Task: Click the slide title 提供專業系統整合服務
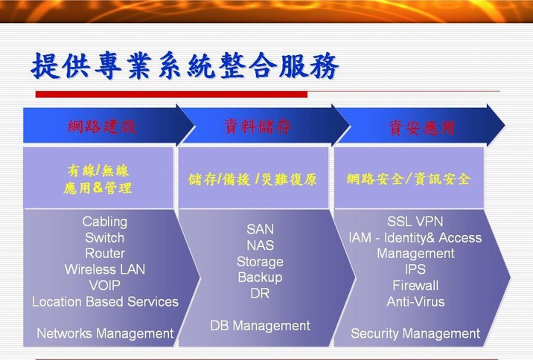click(185, 65)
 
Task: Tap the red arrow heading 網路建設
click(102, 126)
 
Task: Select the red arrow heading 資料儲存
click(258, 126)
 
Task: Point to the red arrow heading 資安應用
click(422, 128)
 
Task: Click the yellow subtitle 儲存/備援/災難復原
click(252, 179)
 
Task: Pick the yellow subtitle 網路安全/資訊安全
click(409, 179)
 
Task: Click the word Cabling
click(105, 222)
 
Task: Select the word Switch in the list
click(105, 238)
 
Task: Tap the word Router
click(105, 254)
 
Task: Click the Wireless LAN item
click(105, 269)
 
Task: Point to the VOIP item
click(105, 286)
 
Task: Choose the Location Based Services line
click(105, 301)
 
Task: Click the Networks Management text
click(105, 333)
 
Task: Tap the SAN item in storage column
click(260, 229)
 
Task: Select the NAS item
click(260, 245)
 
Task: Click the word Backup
click(260, 277)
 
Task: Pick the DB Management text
click(260, 326)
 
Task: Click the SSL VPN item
click(415, 222)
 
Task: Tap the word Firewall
click(415, 286)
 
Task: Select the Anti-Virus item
click(415, 301)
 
